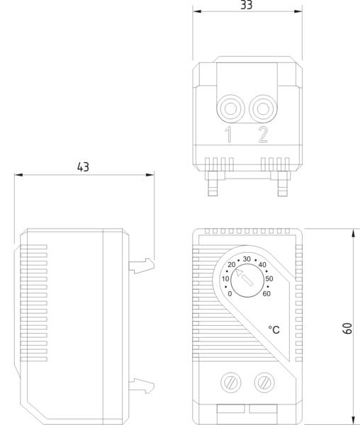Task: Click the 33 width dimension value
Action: [247, 5]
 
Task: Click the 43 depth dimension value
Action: [83, 167]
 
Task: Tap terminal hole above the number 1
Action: [231, 109]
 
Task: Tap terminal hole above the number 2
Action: [263, 109]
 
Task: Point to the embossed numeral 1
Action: [228, 134]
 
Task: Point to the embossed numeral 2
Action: [263, 134]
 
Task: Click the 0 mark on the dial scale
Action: [230, 293]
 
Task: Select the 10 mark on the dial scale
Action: [225, 279]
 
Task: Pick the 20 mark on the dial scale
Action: [231, 264]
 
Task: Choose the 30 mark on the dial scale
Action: [247, 259]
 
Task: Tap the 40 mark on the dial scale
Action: [262, 264]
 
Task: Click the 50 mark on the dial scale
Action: [269, 278]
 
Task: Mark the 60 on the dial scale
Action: [266, 293]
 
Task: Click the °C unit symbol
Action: [274, 329]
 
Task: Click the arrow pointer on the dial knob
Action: [244, 277]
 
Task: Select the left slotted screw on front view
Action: [231, 382]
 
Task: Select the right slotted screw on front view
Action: [264, 382]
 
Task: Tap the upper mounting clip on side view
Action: [141, 266]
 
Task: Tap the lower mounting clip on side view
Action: [141, 386]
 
